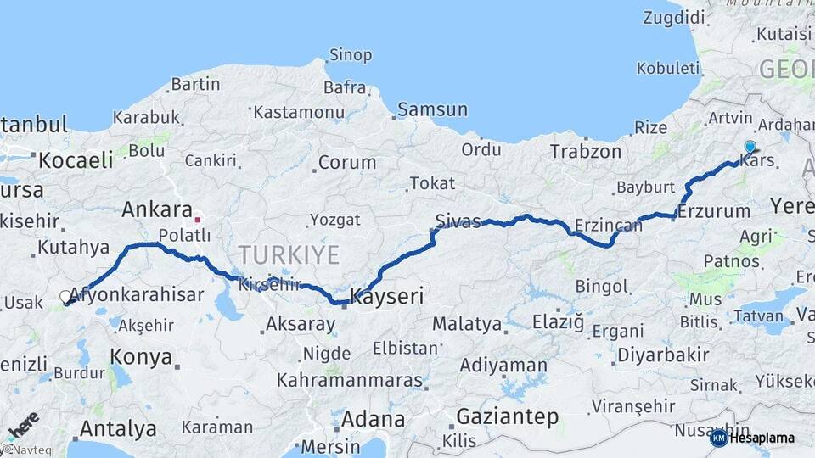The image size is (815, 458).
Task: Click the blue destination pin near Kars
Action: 749,148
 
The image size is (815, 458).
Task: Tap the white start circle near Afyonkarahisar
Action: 66,297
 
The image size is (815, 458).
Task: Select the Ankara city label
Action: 157,209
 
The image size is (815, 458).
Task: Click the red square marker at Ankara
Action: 198,220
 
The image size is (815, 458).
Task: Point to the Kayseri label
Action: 386,298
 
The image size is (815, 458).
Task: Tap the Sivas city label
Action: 458,221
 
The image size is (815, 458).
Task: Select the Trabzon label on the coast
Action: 586,152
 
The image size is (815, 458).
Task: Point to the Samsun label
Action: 433,109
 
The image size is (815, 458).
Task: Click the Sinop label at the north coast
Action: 350,55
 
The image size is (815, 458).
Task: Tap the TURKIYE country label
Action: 289,254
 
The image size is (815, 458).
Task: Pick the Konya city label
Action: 142,357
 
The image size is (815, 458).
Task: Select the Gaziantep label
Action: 508,416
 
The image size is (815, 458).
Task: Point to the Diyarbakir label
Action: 663,355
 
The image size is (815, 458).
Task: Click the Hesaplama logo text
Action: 762,438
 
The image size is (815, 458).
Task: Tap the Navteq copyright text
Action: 24,450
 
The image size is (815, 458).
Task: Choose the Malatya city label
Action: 467,324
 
